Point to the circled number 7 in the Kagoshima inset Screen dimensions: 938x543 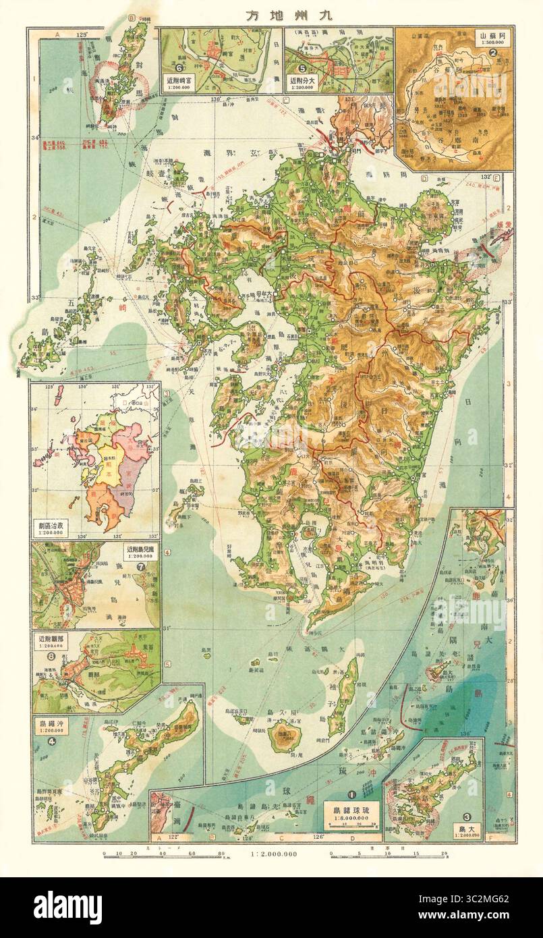[x=140, y=565]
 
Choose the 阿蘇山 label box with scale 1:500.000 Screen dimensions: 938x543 [x=492, y=36]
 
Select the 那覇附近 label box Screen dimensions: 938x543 [x=51, y=638]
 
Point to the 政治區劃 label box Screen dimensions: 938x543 [x=53, y=525]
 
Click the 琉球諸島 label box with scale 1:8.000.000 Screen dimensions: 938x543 [x=350, y=812]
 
